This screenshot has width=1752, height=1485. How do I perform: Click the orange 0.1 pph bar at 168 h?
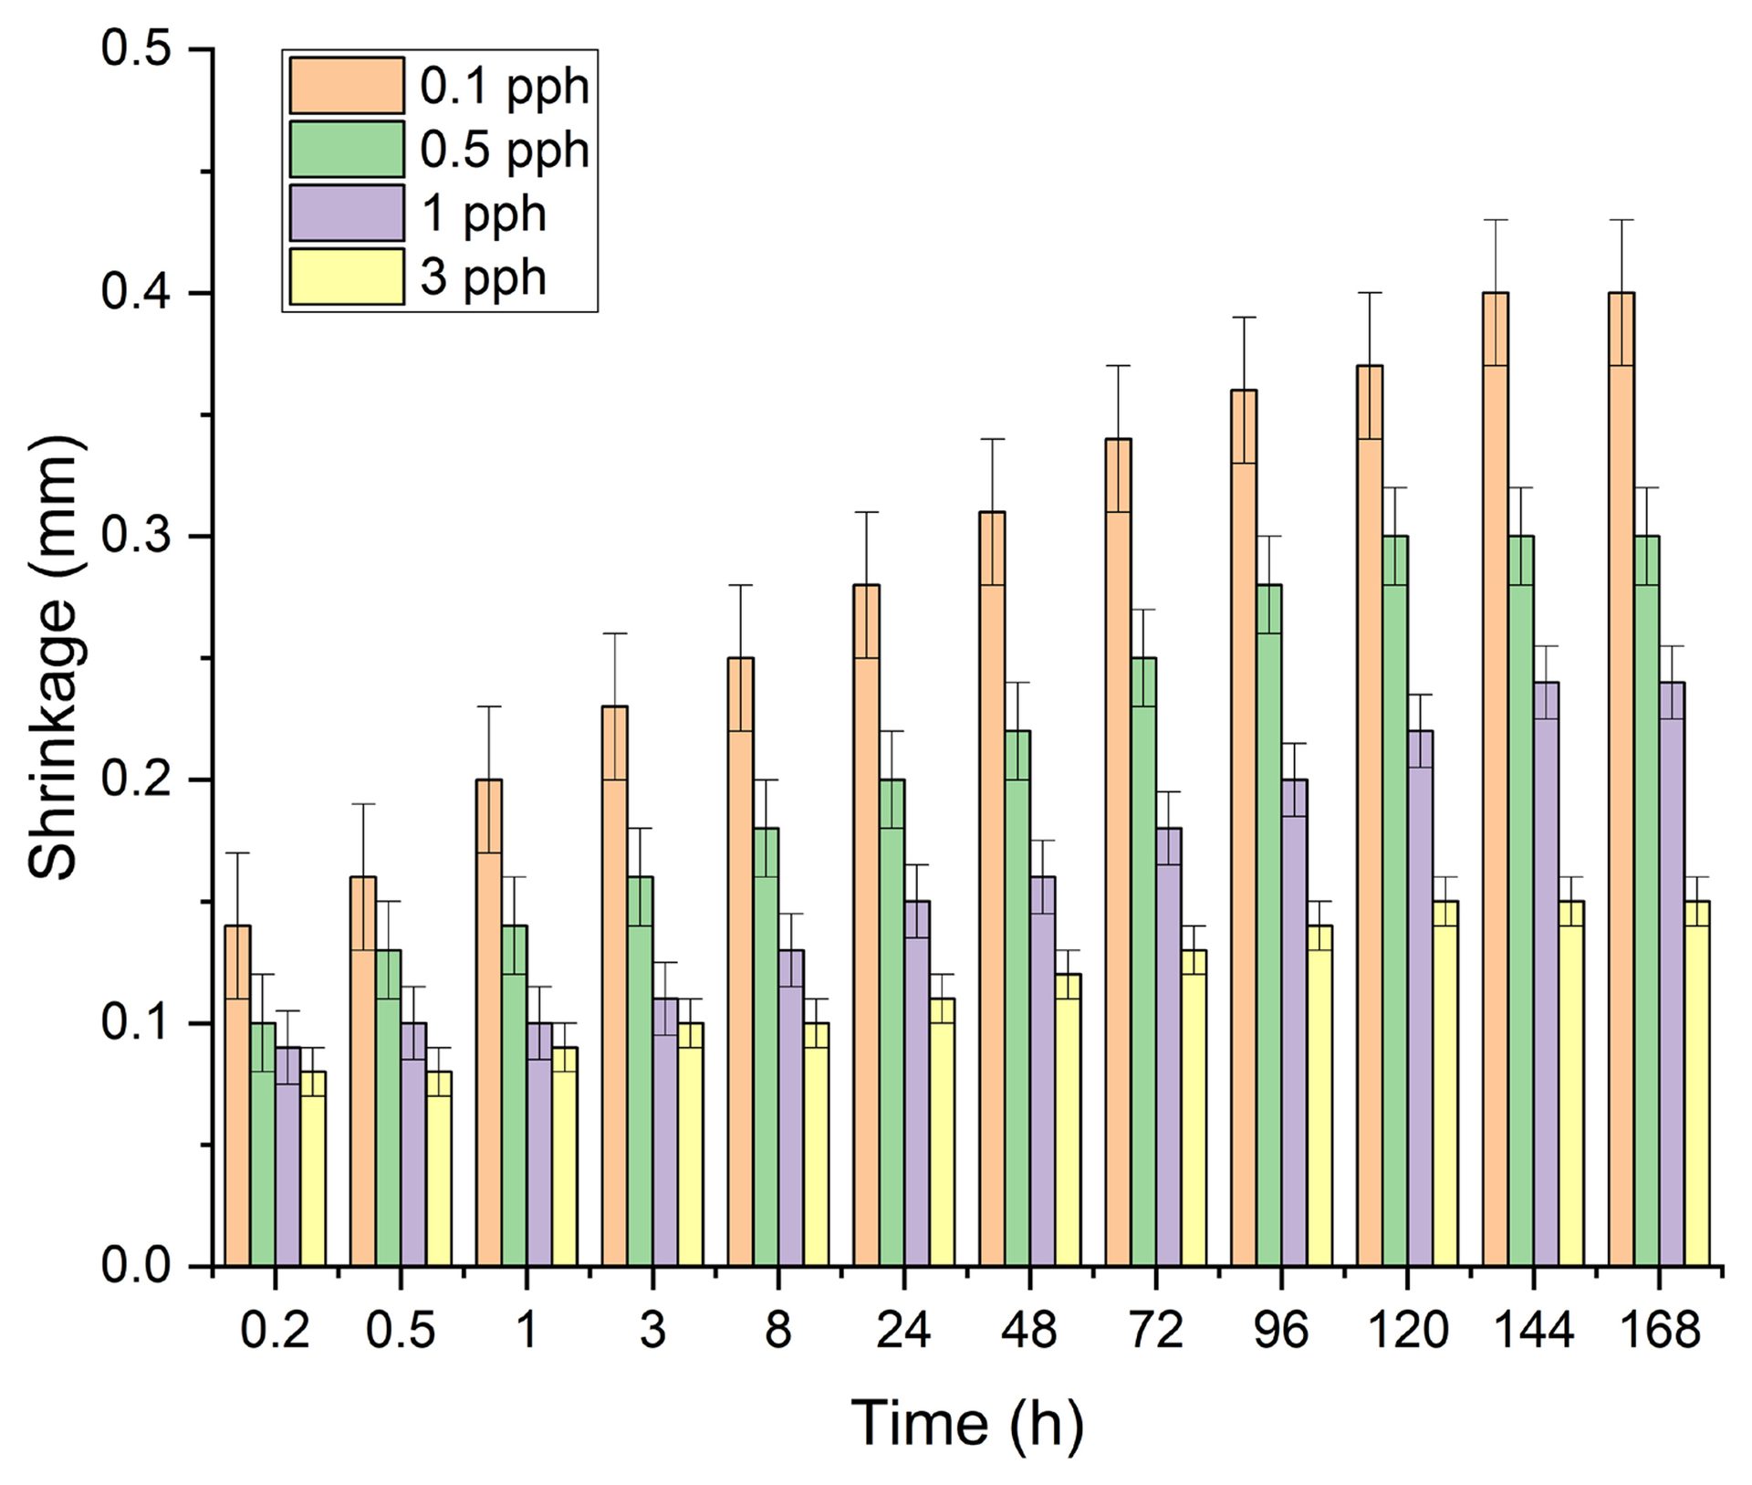pyautogui.click(x=1622, y=785)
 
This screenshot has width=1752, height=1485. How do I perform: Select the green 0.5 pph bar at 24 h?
pyautogui.click(x=892, y=1022)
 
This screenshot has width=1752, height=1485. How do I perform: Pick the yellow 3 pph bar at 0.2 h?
pyautogui.click(x=313, y=1168)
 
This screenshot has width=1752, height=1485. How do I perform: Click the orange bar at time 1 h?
pyautogui.click(x=489, y=1022)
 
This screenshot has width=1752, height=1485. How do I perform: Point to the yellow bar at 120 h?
pyautogui.click(x=1445, y=1086)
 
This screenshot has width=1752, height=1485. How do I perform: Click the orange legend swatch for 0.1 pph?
pyautogui.click(x=347, y=86)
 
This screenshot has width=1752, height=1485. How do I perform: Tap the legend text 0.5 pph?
pyautogui.click(x=505, y=150)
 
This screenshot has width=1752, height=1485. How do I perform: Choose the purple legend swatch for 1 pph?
pyautogui.click(x=347, y=213)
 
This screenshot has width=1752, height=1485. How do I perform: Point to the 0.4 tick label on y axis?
pyautogui.click(x=137, y=293)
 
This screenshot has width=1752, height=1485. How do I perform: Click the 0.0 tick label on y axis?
pyautogui.click(x=137, y=1266)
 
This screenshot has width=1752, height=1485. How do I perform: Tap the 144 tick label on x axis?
pyautogui.click(x=1533, y=1330)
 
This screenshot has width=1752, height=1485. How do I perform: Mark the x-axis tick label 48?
pyautogui.click(x=1029, y=1330)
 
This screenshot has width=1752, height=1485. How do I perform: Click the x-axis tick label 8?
pyautogui.click(x=777, y=1330)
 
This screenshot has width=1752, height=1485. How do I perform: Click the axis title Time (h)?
pyautogui.click(x=967, y=1423)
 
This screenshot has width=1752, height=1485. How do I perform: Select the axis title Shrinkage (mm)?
pyautogui.click(x=53, y=657)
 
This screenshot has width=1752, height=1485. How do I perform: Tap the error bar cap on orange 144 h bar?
pyautogui.click(x=1496, y=220)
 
